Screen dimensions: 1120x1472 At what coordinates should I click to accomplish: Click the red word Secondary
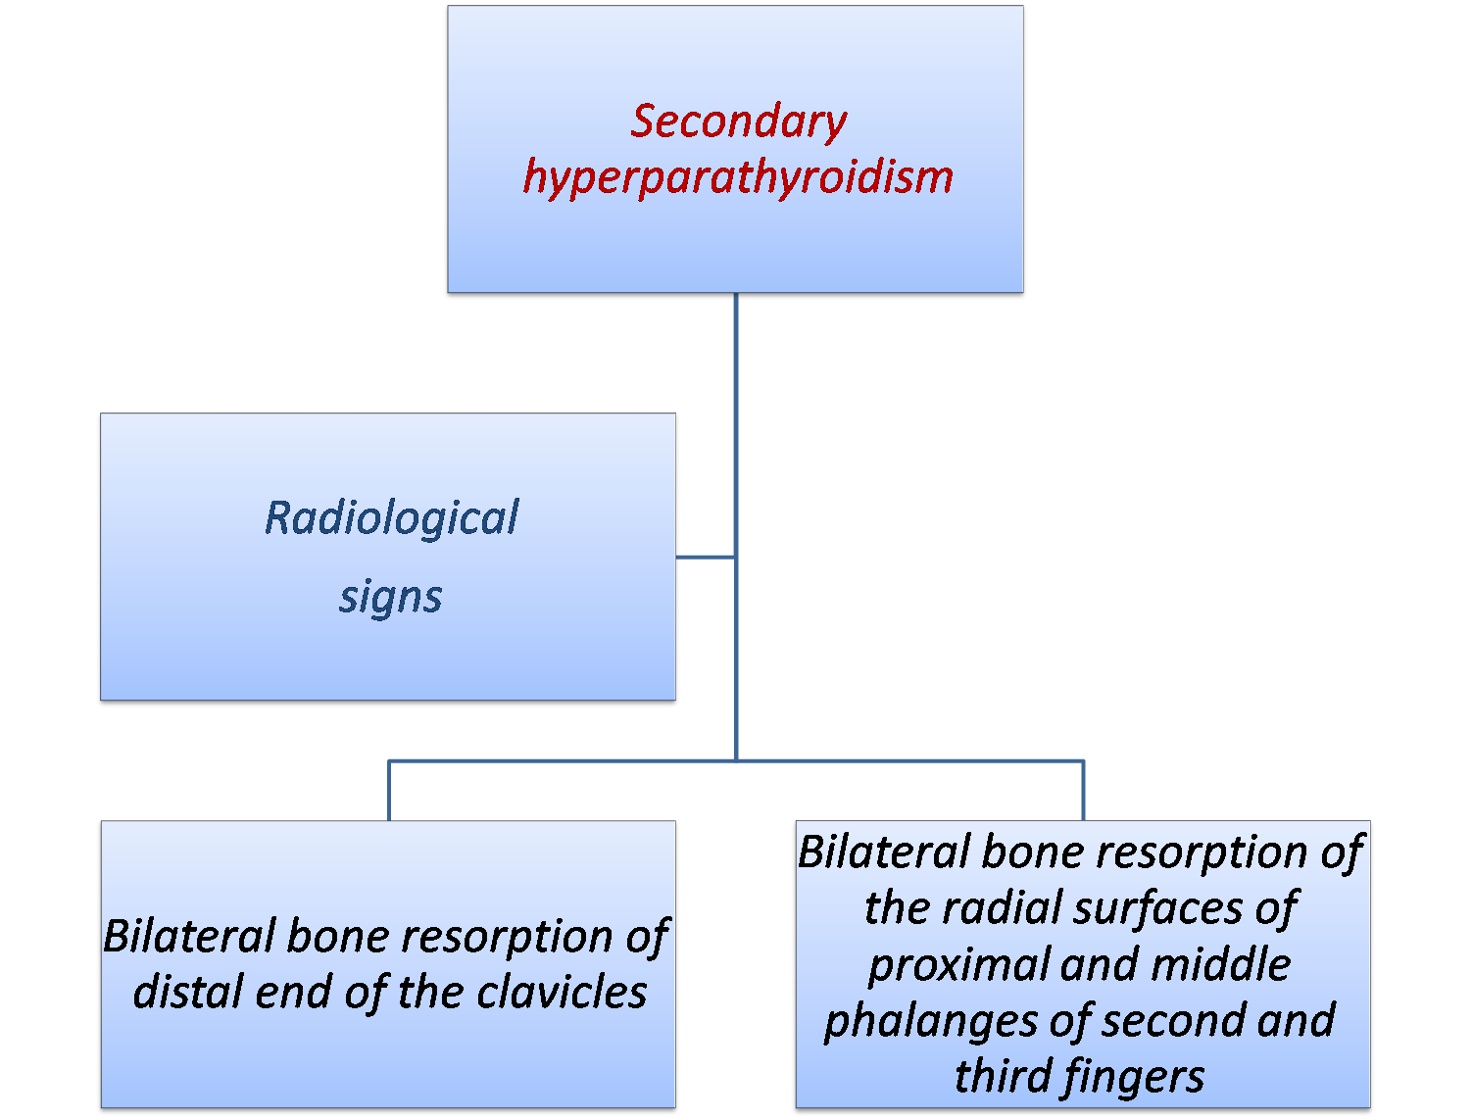(738, 122)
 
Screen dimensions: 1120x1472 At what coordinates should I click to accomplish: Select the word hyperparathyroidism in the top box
(738, 177)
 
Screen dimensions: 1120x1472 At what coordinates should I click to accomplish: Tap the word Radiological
(391, 517)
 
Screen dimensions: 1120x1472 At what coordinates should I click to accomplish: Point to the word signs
(390, 596)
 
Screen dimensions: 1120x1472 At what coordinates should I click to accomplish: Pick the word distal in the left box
(188, 992)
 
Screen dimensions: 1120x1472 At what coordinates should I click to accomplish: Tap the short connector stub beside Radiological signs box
(706, 557)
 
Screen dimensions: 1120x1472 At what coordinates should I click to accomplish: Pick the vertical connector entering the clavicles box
(389, 790)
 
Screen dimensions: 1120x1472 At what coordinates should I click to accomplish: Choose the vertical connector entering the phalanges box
(1083, 790)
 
